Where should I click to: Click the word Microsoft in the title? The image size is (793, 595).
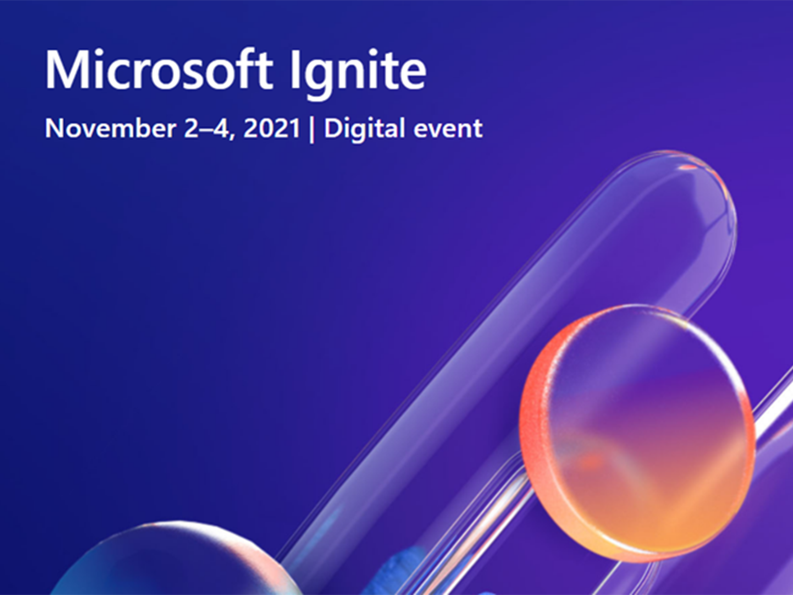159,69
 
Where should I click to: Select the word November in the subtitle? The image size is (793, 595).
110,128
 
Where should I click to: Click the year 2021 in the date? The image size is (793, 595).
272,128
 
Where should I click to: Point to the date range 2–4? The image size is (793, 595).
206,128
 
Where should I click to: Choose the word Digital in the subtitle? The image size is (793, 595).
365,129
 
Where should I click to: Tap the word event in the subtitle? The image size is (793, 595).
448,129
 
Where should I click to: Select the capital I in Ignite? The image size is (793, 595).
295,70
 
